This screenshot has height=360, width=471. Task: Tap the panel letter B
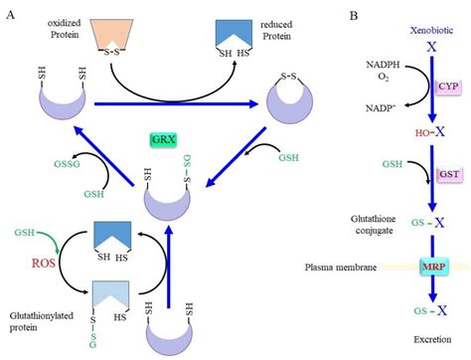[x=356, y=14]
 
